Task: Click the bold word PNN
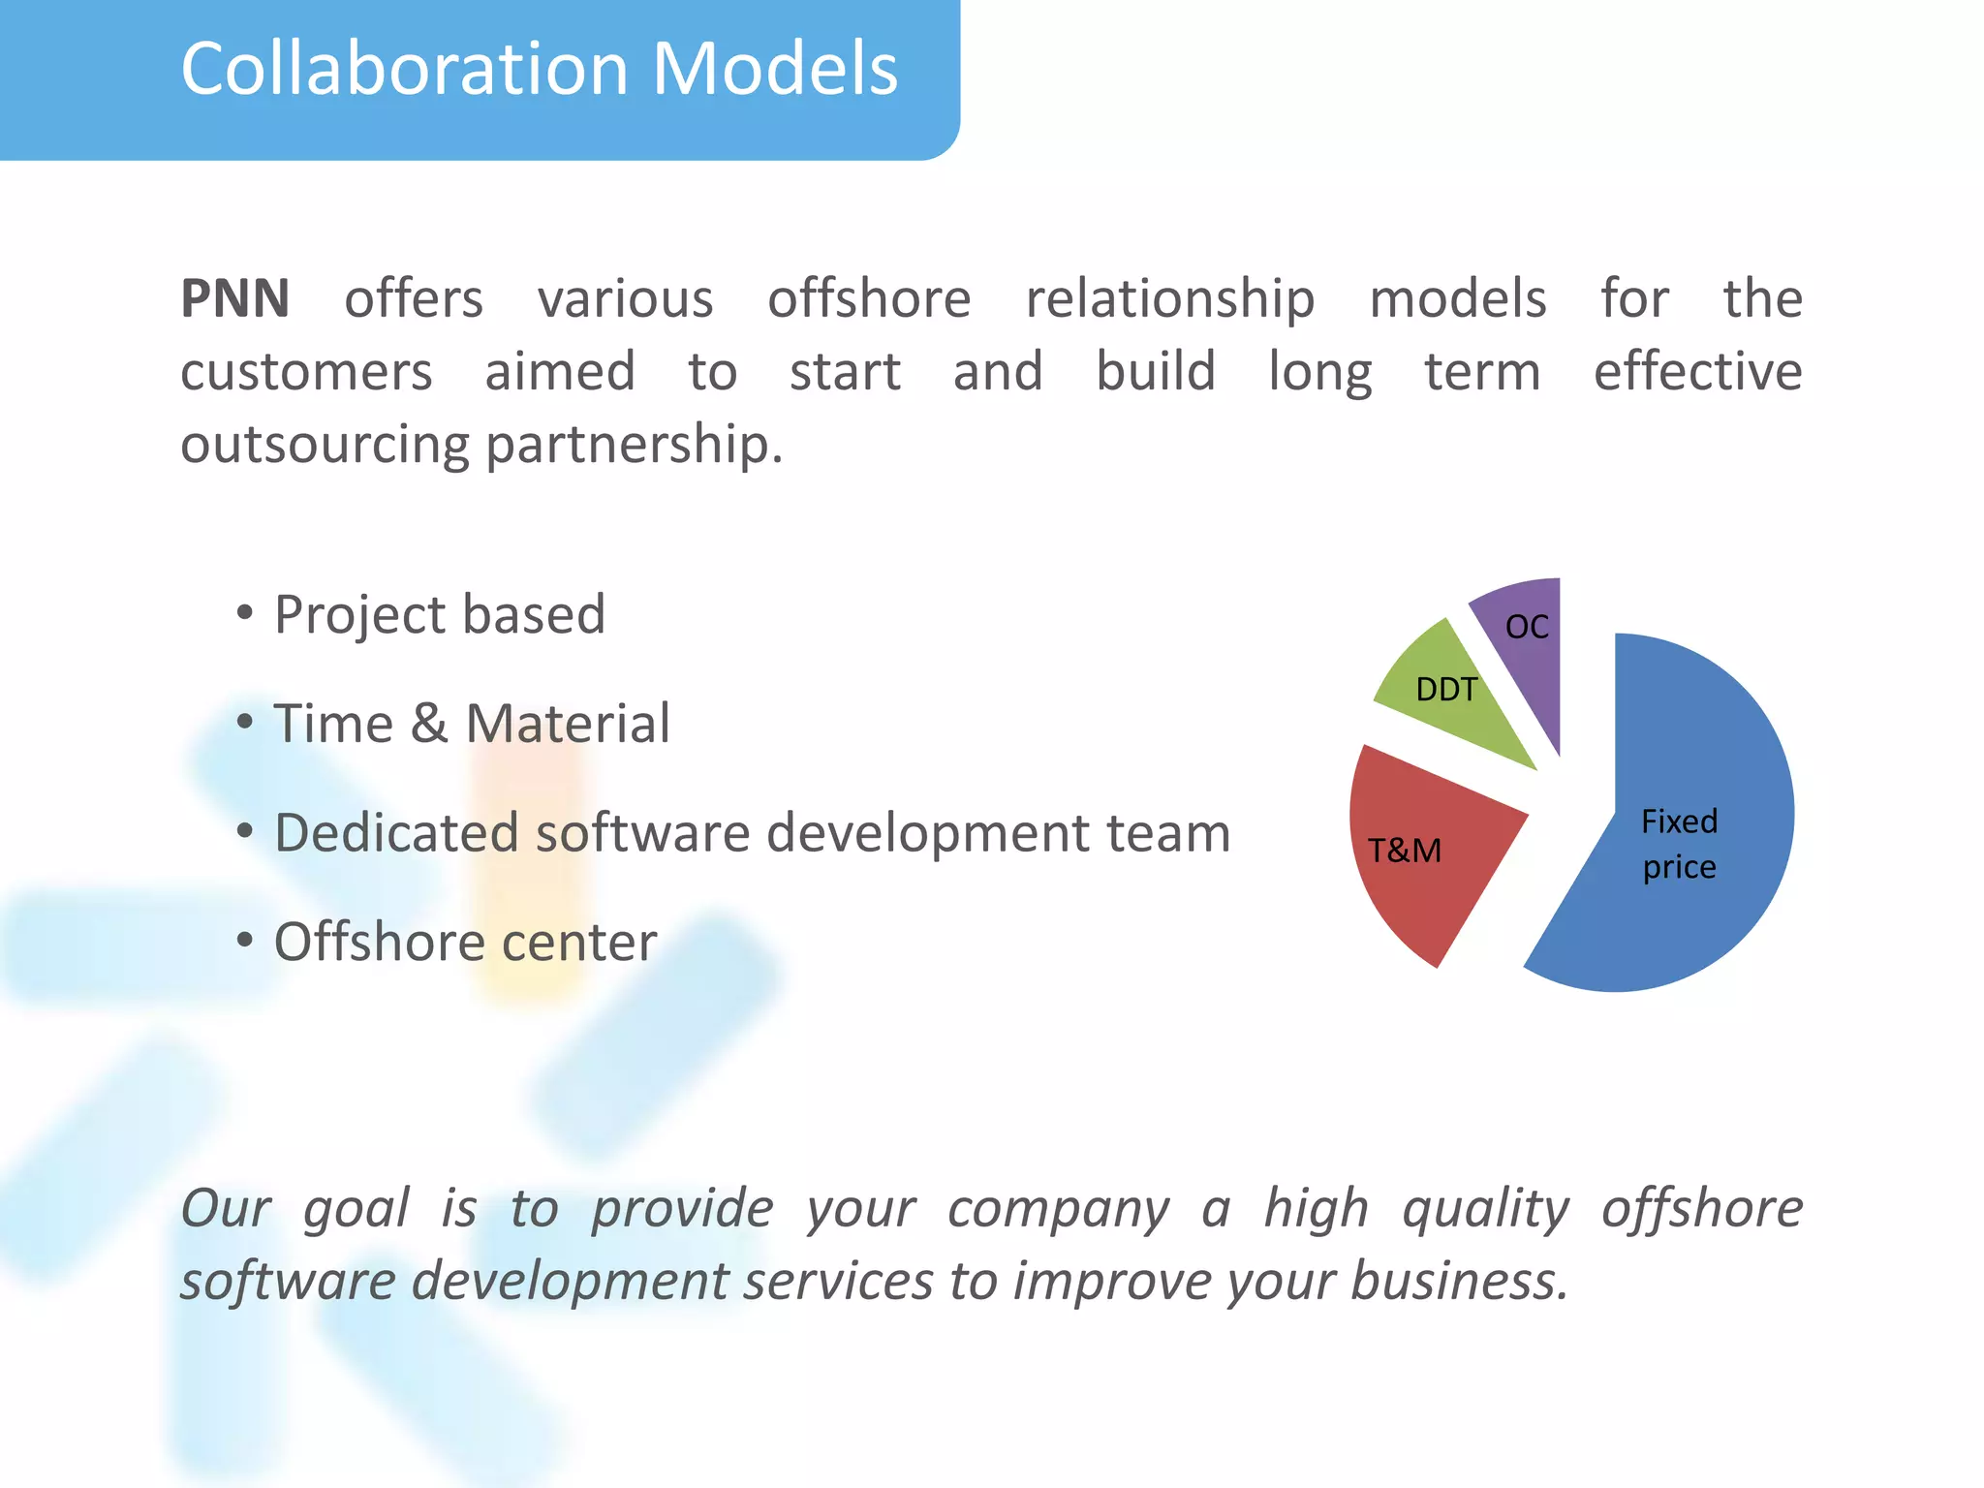pyautogui.click(x=235, y=298)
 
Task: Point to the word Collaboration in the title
pyautogui.click(x=404, y=70)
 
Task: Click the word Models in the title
pyautogui.click(x=775, y=70)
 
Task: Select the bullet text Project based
pyautogui.click(x=440, y=615)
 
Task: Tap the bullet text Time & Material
pyautogui.click(x=472, y=724)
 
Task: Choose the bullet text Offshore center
pyautogui.click(x=465, y=942)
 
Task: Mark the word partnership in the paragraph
pyautogui.click(x=634, y=445)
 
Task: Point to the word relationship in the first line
pyautogui.click(x=1169, y=298)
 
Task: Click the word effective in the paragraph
pyautogui.click(x=1697, y=372)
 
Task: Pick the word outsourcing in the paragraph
pyautogui.click(x=325, y=445)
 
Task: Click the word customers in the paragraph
pyautogui.click(x=306, y=372)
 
